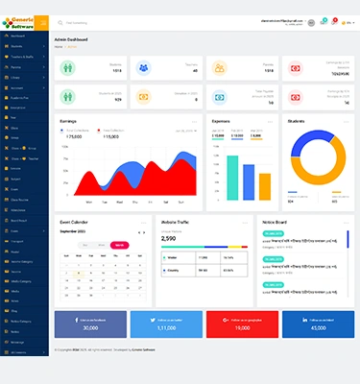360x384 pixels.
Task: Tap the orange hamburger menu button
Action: [x=42, y=21]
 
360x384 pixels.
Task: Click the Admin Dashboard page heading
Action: [x=71, y=39]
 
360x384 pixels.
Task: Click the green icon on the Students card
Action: [x=66, y=68]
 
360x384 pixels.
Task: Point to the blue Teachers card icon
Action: [x=143, y=68]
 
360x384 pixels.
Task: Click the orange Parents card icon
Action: [x=219, y=68]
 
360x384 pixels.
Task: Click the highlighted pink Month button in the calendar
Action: [x=118, y=245]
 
